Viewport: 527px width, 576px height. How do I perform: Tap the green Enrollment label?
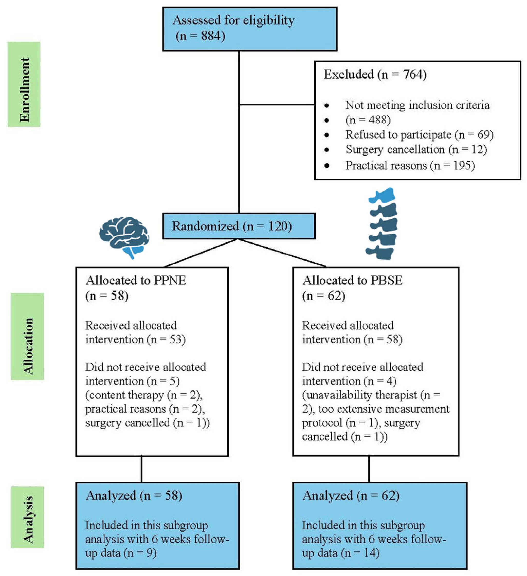click(24, 84)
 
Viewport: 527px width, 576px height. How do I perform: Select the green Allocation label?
click(28, 336)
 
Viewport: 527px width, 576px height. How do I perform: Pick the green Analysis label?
click(28, 517)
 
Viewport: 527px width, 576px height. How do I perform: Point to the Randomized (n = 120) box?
click(239, 226)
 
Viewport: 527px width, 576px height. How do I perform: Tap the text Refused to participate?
click(398, 135)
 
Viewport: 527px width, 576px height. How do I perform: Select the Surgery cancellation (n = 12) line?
click(416, 150)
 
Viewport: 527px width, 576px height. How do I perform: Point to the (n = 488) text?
click(368, 120)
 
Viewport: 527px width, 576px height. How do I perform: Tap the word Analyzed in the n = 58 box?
click(111, 496)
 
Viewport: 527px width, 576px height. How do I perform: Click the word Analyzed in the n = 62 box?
click(328, 496)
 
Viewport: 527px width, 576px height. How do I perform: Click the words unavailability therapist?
click(361, 395)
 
